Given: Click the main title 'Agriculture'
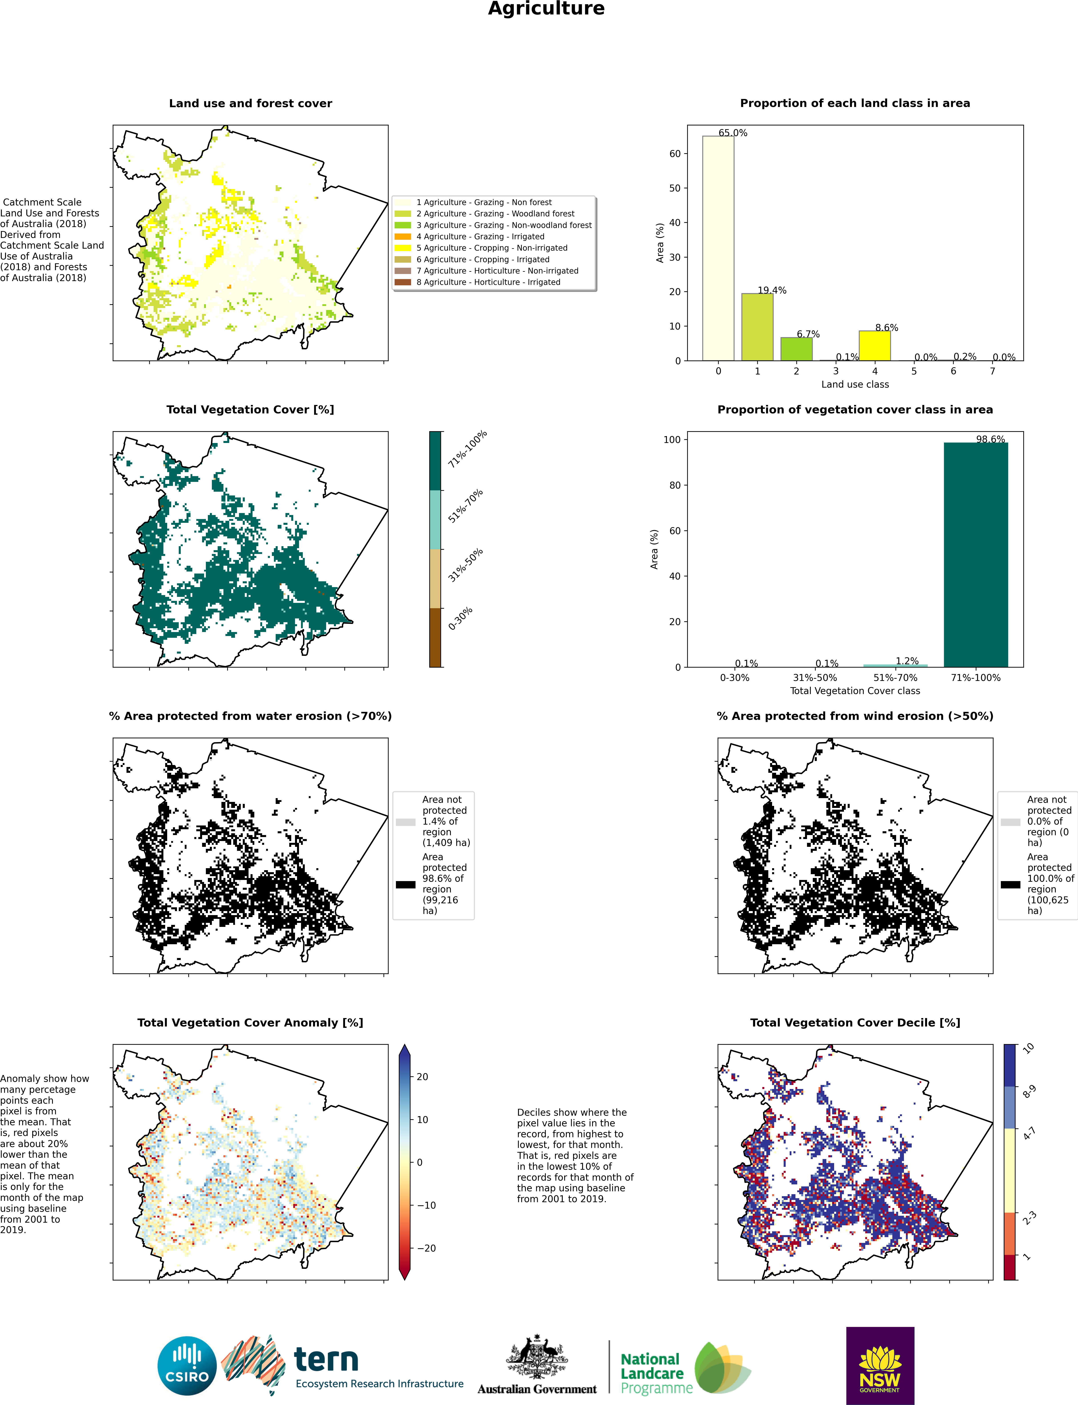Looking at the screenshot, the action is coord(546,9).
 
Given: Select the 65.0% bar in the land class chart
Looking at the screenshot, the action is coord(718,248).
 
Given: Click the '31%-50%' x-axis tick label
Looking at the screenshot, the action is coord(815,678).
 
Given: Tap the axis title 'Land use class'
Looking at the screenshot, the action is coord(855,384).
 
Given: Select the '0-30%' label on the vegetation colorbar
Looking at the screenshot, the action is coord(460,618).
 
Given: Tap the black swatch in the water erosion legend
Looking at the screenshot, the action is coord(406,884).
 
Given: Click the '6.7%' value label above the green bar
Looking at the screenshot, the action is coord(808,334).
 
